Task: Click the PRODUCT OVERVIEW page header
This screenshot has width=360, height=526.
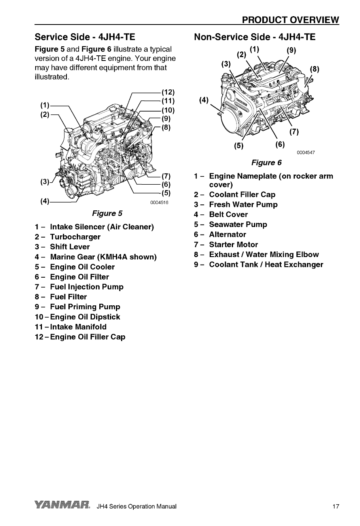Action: pos(290,20)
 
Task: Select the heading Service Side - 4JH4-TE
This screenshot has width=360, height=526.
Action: pos(85,37)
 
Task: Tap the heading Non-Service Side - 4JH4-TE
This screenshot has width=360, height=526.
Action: pos(255,37)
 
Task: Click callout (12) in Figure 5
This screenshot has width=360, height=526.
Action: pos(168,93)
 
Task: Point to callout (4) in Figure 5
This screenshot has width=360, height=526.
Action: pos(45,202)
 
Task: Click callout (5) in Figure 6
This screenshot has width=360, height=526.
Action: pos(238,146)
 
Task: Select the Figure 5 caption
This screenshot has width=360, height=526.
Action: pos(107,214)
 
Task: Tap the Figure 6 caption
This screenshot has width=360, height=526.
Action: pos(266,163)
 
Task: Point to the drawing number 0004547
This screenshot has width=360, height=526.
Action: pos(306,153)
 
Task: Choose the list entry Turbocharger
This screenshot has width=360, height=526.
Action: pos(75,237)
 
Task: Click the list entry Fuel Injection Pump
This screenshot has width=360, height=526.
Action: pos(87,287)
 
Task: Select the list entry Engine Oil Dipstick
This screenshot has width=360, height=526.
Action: pos(85,317)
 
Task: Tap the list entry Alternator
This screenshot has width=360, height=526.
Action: pos(227,235)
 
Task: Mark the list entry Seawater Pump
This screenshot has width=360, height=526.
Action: pos(238,225)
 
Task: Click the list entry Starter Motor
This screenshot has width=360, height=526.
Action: pos(233,245)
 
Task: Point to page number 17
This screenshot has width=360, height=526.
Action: pos(335,507)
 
